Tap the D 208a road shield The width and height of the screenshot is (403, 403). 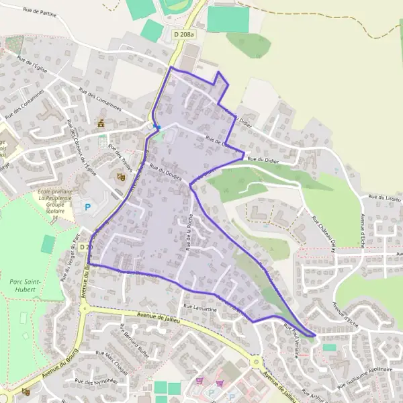183,34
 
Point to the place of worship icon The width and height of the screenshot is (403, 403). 101,124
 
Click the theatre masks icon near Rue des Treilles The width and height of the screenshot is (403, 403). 121,177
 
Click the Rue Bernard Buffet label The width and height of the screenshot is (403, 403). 132,339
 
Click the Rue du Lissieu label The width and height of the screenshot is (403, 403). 382,197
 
